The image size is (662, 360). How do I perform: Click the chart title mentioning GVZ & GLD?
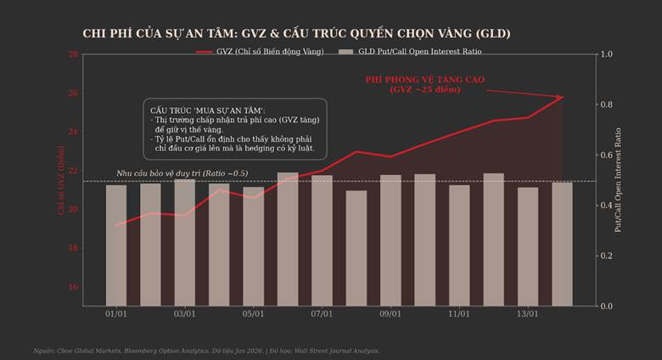tap(296, 33)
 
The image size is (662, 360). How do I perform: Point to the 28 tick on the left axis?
tap(74, 54)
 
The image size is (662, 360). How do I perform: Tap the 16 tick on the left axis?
tap(74, 287)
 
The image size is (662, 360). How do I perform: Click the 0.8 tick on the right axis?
tap(606, 104)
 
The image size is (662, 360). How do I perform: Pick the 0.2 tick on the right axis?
tap(606, 256)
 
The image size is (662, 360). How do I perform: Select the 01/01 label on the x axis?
tap(116, 314)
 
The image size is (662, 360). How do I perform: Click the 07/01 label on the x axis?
tap(322, 314)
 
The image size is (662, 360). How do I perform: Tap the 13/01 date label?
tap(527, 314)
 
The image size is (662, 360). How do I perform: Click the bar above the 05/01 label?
tap(253, 246)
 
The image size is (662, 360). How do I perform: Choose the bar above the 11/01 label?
tap(459, 245)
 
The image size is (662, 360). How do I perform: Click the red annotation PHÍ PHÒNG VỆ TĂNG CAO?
tap(424, 83)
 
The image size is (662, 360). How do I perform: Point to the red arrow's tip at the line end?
tap(563, 97)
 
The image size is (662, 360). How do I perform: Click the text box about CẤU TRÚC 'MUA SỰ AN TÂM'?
tap(235, 130)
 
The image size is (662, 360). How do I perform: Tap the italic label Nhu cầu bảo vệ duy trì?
tap(182, 173)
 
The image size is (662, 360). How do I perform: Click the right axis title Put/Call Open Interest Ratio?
tap(618, 179)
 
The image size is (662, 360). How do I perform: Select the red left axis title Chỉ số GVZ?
tap(61, 179)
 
